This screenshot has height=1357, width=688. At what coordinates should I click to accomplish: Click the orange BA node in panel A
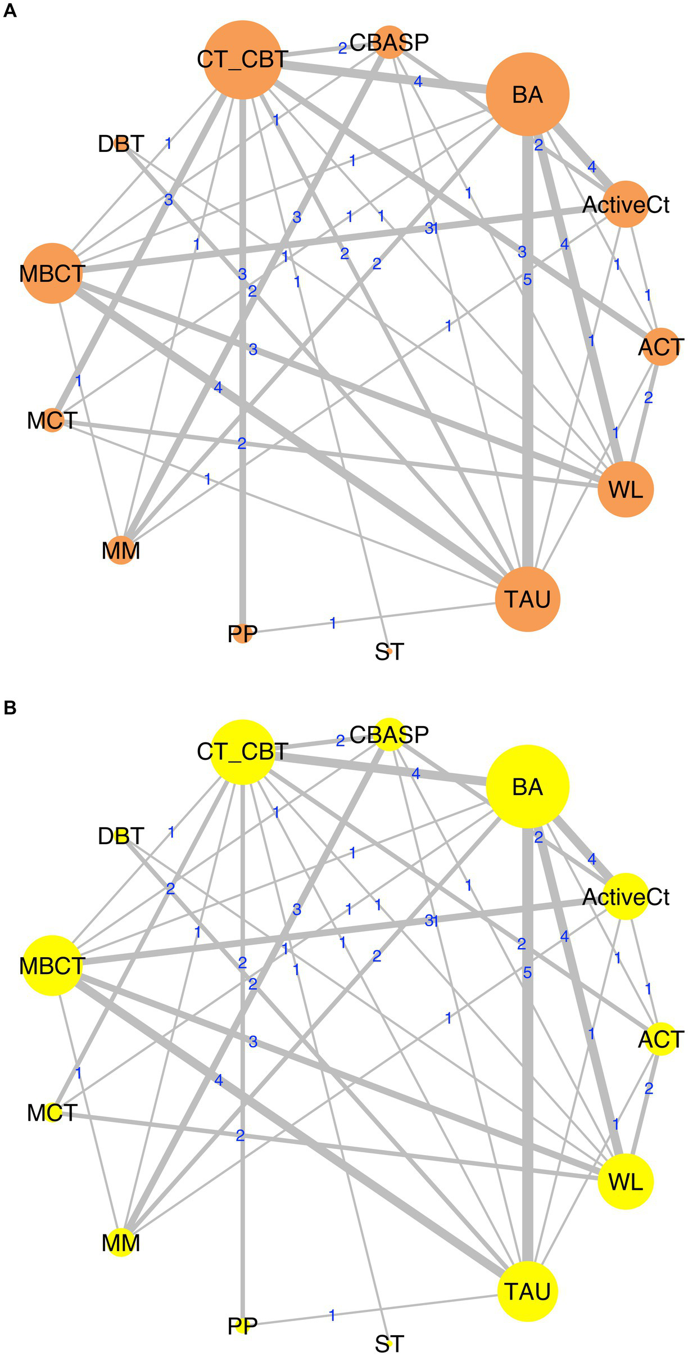point(527,94)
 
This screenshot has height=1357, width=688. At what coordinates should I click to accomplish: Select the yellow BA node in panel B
point(527,786)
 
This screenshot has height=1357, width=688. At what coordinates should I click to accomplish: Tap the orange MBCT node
point(52,273)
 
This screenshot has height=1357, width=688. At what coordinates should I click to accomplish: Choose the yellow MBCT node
point(52,966)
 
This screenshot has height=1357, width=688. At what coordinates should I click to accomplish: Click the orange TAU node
point(527,599)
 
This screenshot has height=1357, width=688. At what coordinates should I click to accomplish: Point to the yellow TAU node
point(527,1291)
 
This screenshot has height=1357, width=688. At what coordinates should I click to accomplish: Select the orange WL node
point(626,489)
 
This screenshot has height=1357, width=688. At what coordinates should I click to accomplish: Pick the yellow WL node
point(626,1182)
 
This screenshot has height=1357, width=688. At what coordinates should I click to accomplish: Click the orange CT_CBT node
point(243,60)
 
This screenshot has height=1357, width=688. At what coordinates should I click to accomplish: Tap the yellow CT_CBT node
point(243,752)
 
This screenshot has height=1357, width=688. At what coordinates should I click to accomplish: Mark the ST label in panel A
point(389,652)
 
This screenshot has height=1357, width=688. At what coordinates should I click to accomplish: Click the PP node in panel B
point(243,1326)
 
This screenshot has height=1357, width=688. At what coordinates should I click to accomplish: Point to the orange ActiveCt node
point(626,205)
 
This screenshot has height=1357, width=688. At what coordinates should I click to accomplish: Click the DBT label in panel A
point(121,144)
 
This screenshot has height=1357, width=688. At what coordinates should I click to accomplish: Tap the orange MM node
point(121,551)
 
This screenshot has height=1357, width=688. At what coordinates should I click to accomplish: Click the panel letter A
point(10,11)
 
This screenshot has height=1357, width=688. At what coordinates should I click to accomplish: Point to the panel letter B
point(10,708)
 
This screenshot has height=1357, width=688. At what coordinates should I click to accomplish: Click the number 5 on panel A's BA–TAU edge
point(527,279)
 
